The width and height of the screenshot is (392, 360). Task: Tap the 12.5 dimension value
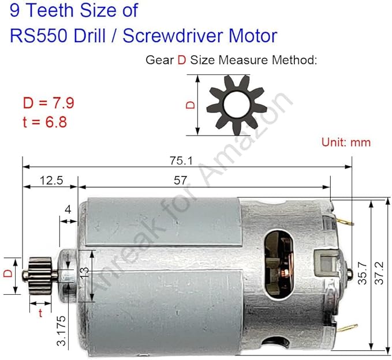51,181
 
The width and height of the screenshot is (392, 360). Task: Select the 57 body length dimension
180,181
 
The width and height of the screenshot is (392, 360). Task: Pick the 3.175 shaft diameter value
62,331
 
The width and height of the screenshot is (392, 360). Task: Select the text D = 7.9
48,104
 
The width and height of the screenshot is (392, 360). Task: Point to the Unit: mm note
346,141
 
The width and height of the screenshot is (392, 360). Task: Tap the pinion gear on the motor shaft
43,272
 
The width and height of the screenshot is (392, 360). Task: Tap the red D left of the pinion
8,273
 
